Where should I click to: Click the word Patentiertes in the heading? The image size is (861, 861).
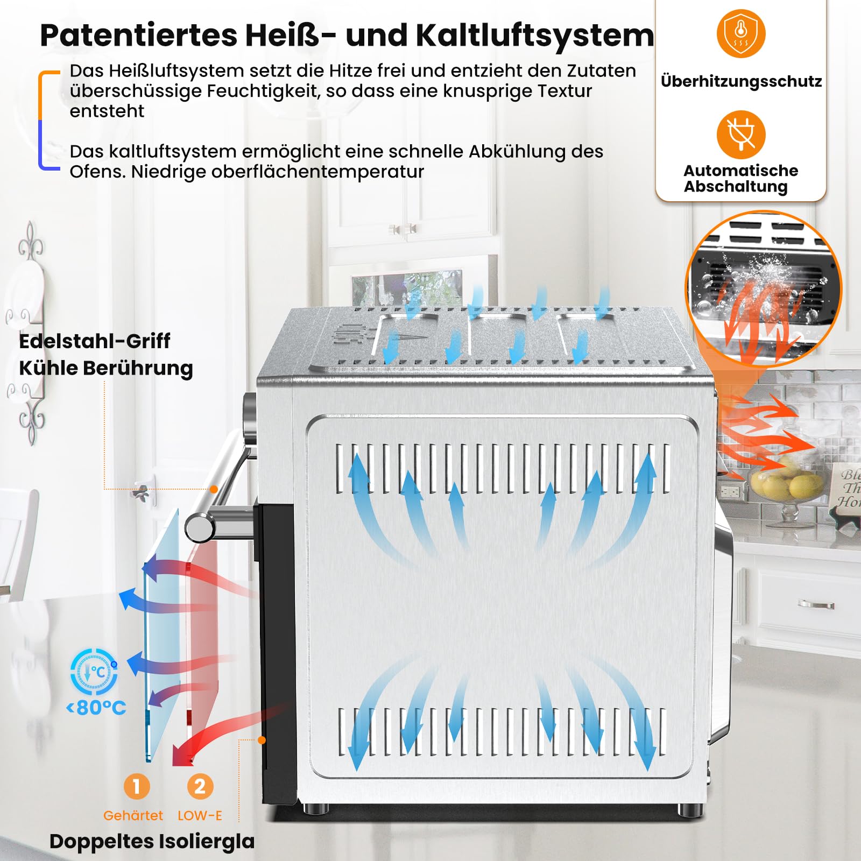point(138,36)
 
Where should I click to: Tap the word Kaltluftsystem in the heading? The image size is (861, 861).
point(535,36)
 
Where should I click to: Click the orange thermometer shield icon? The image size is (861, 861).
point(741,33)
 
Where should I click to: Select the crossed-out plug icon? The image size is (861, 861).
point(741,135)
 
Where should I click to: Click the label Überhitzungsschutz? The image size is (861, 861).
point(741,81)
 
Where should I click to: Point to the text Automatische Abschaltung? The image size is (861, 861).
point(740,179)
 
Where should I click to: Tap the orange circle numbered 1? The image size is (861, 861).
point(136,786)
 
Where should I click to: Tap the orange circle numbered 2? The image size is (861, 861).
point(200,786)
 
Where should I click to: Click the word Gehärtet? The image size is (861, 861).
point(133,816)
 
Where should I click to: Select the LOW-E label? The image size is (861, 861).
point(200,816)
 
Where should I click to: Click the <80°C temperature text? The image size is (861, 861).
point(96,708)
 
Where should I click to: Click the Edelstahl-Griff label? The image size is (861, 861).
point(95,341)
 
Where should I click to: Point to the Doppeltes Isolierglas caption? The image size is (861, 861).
point(152,842)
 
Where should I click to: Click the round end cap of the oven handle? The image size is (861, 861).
point(199,528)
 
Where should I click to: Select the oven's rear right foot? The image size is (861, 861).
point(690,810)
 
